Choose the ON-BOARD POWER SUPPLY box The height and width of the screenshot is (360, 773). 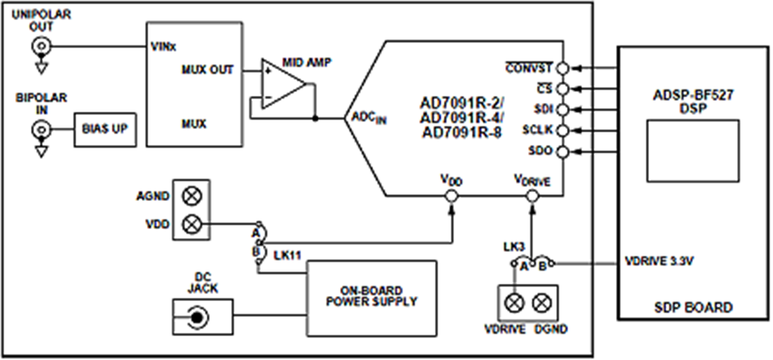pos(372,297)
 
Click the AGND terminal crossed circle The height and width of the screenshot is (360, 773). pos(192,196)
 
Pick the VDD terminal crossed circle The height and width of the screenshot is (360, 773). pos(192,225)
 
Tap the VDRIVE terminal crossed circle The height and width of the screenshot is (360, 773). pos(514,303)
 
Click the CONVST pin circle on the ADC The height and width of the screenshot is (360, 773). pos(563,68)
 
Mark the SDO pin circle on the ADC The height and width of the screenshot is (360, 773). pos(563,152)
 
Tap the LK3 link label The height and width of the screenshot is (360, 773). pos(514,248)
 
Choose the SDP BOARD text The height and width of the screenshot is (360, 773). pos(694,307)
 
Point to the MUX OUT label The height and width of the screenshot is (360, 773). pos(207,71)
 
